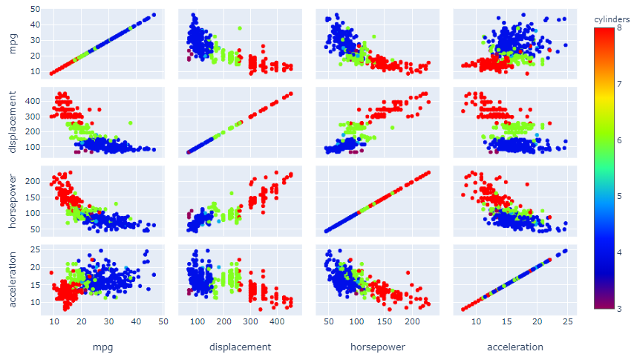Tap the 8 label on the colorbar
coord(618,27)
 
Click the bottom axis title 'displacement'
coord(241,347)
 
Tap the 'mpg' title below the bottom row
coord(102,347)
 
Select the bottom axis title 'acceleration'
coord(514,347)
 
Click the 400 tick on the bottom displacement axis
coord(276,323)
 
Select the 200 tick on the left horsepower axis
coord(33,180)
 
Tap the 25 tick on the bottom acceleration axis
coord(567,323)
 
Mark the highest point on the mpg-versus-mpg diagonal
coord(154,15)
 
